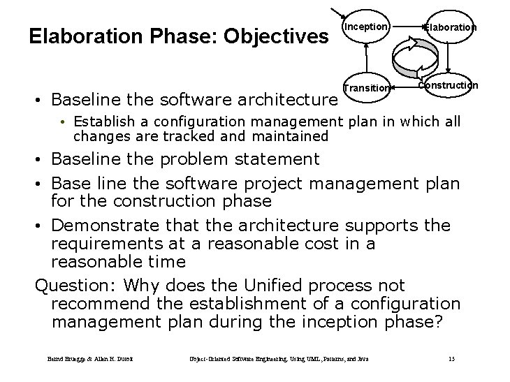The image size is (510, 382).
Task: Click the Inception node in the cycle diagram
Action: [365, 27]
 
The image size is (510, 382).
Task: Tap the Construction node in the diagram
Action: [449, 85]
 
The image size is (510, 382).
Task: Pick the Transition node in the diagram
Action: [366, 88]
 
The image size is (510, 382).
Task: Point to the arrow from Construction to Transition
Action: [406, 87]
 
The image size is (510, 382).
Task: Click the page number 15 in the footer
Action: [452, 359]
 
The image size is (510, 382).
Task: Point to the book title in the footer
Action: [279, 359]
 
